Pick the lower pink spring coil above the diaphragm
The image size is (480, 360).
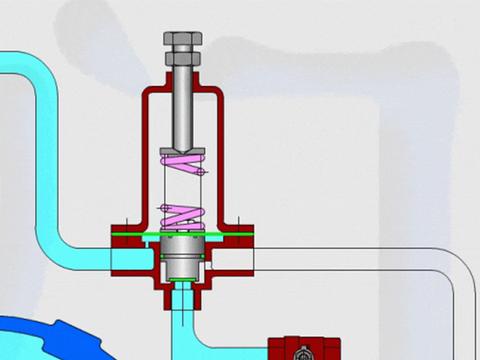184,214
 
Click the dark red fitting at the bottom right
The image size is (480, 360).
304,349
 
